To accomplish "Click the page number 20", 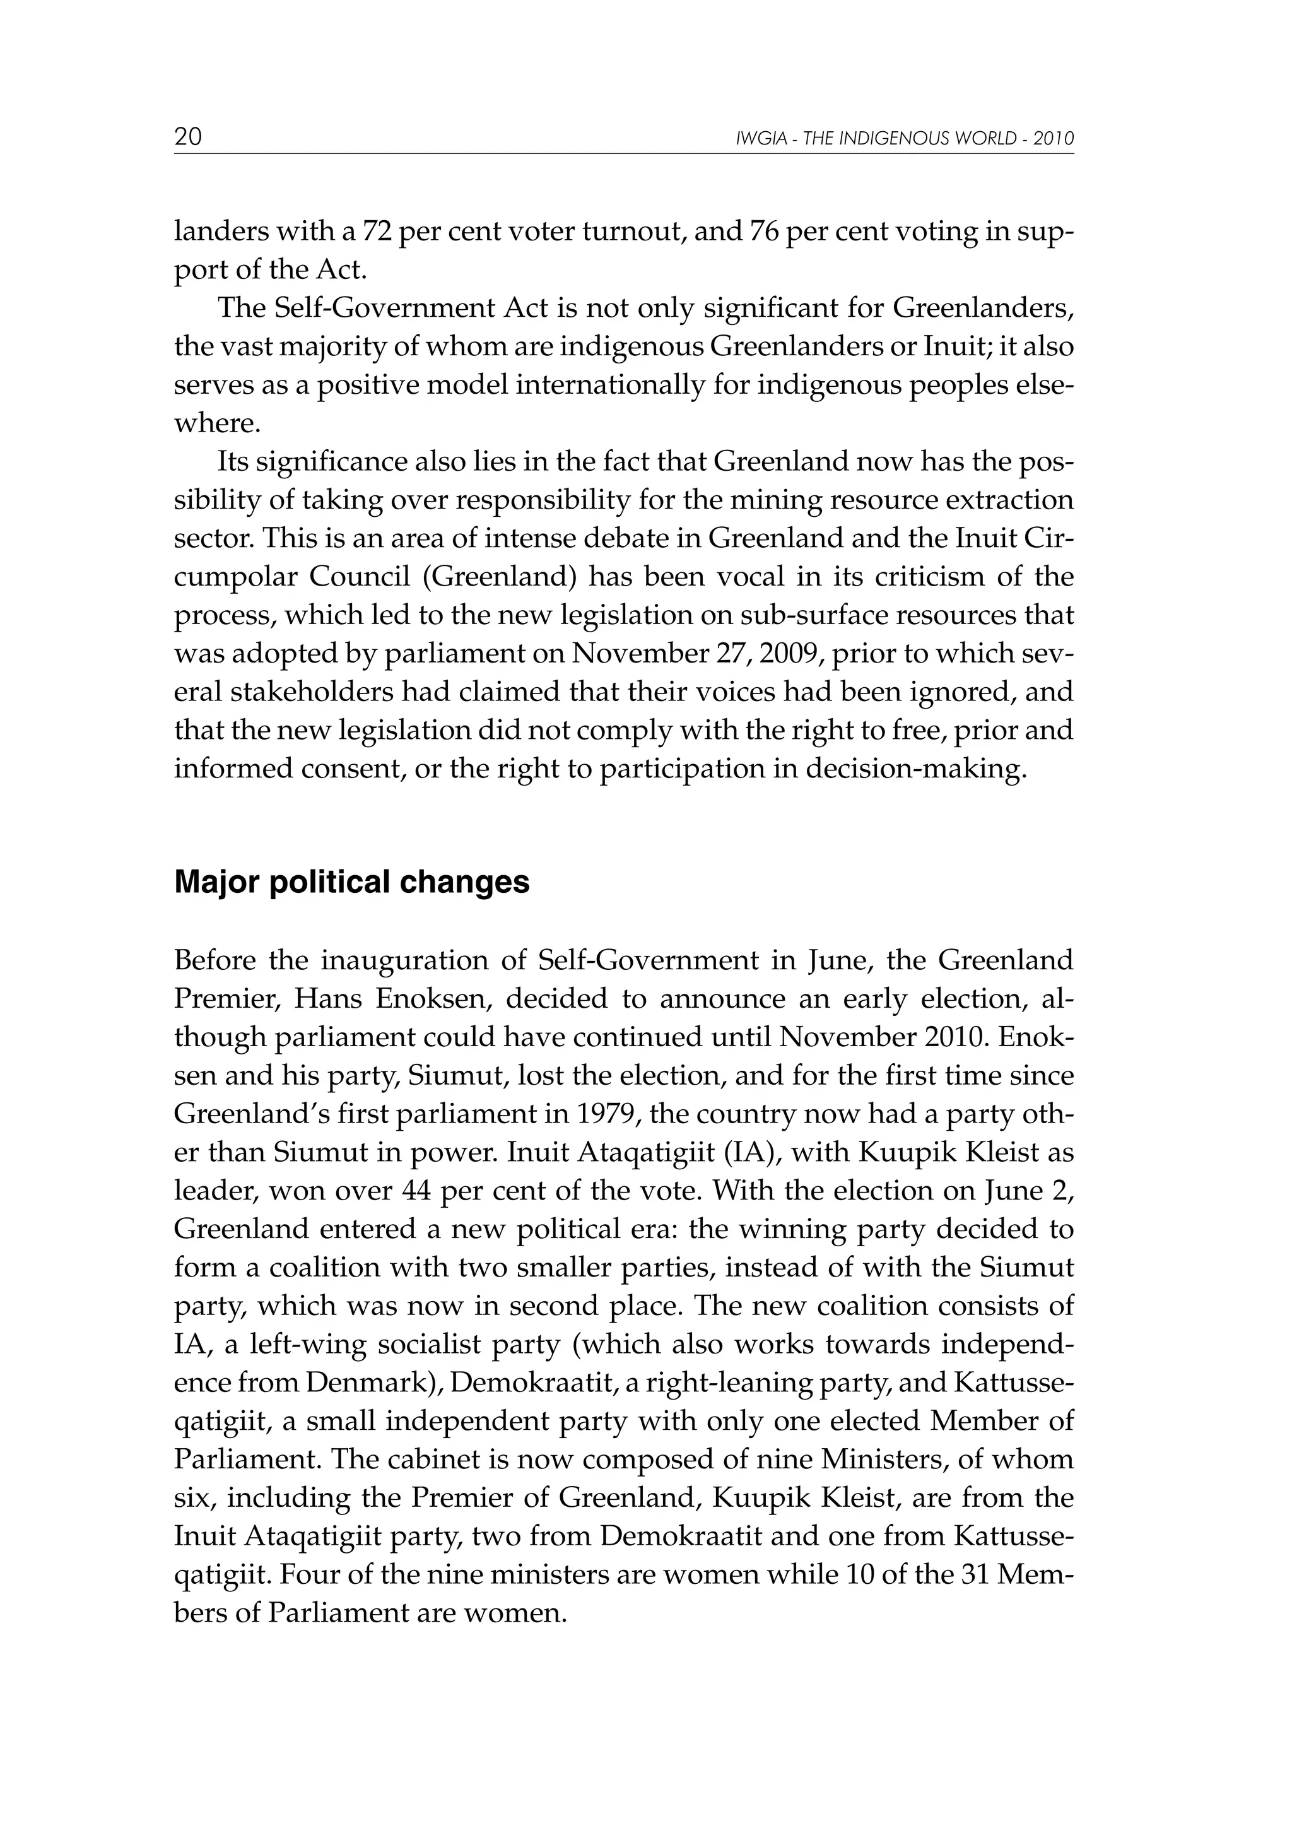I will (188, 138).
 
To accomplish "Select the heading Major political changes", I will (352, 882).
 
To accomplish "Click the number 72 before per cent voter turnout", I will (377, 232).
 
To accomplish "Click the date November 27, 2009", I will (683, 654).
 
